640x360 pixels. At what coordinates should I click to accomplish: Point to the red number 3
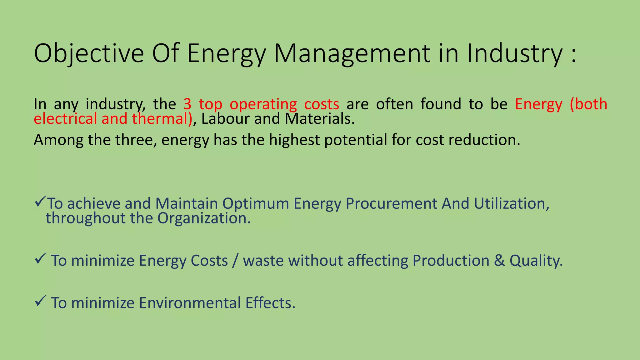187,104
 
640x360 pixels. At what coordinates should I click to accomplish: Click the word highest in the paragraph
294,140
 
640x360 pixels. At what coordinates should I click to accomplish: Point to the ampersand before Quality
499,261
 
